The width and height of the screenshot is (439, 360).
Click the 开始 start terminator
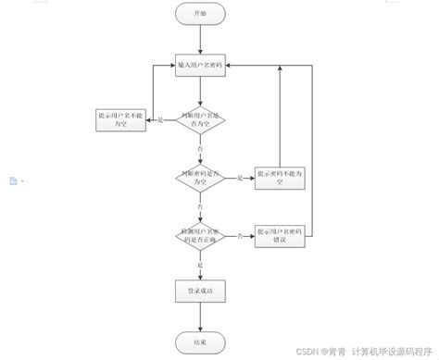pos(201,14)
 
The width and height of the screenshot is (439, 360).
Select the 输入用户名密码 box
pos(201,67)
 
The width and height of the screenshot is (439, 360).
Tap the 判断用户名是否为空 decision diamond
pos(201,119)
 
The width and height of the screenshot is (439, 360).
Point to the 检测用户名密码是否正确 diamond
pos(201,237)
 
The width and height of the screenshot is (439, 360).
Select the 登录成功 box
pos(201,292)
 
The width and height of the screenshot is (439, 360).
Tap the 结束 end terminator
pos(201,341)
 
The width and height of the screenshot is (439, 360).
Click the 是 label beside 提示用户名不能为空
pos(159,120)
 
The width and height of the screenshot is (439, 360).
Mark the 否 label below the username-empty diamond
pos(199,147)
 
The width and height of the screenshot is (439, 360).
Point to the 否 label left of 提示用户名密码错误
pos(239,237)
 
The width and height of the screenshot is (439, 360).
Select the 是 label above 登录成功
pos(199,265)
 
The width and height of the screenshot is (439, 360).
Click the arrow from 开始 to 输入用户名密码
pos(201,41)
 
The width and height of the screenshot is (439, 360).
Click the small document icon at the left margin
pos(12,180)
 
